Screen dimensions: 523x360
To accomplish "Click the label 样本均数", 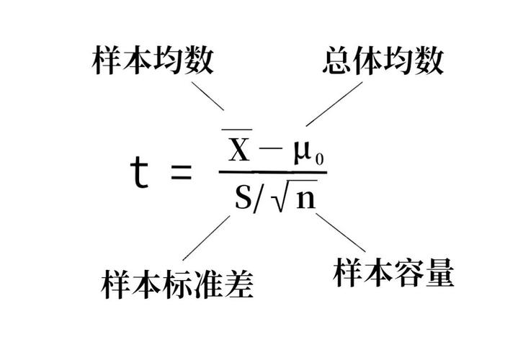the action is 153,60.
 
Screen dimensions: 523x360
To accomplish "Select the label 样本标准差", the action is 177,284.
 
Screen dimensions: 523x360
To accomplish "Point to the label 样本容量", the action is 393,272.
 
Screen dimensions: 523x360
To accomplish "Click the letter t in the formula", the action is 139,172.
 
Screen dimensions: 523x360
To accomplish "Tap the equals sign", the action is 182,172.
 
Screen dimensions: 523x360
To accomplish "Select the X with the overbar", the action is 238,145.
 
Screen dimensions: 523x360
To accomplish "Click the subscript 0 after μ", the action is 319,159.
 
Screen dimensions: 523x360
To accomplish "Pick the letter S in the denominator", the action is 243,197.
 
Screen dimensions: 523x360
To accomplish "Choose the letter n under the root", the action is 306,199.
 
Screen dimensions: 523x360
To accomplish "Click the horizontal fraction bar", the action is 273,172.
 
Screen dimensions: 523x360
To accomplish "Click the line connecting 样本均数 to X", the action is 207,96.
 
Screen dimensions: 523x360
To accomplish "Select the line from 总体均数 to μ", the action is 334,104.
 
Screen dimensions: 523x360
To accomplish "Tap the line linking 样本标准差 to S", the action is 206,238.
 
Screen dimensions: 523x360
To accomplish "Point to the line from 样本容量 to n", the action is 341,233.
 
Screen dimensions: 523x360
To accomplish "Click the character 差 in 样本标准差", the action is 239,284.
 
